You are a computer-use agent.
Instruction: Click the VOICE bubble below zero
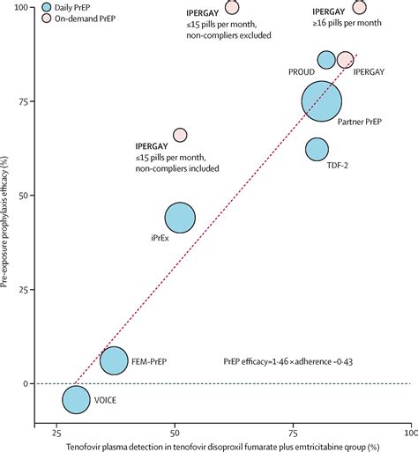point(76,399)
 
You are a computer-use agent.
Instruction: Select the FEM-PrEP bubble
point(114,360)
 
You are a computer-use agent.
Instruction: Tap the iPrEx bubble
point(180,218)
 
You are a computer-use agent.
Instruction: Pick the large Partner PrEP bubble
point(321,100)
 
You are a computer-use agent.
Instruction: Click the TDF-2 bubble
point(316,150)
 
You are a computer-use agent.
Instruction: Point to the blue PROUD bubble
point(326,60)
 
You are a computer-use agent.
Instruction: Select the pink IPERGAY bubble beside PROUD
point(345,60)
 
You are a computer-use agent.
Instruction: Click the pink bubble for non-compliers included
point(180,135)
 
